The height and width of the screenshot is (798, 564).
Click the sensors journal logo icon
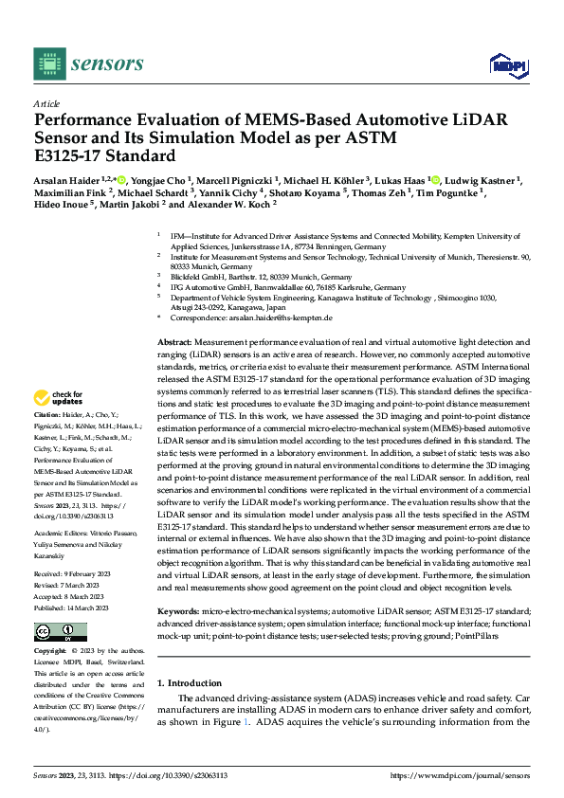click(x=50, y=63)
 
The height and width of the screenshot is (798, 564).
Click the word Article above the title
click(x=46, y=103)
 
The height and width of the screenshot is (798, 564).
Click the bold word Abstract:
click(x=175, y=340)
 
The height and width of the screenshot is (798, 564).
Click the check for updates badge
click(x=60, y=397)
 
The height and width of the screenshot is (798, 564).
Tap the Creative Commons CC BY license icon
click(x=60, y=631)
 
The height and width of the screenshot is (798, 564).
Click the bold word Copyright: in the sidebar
click(x=50, y=653)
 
